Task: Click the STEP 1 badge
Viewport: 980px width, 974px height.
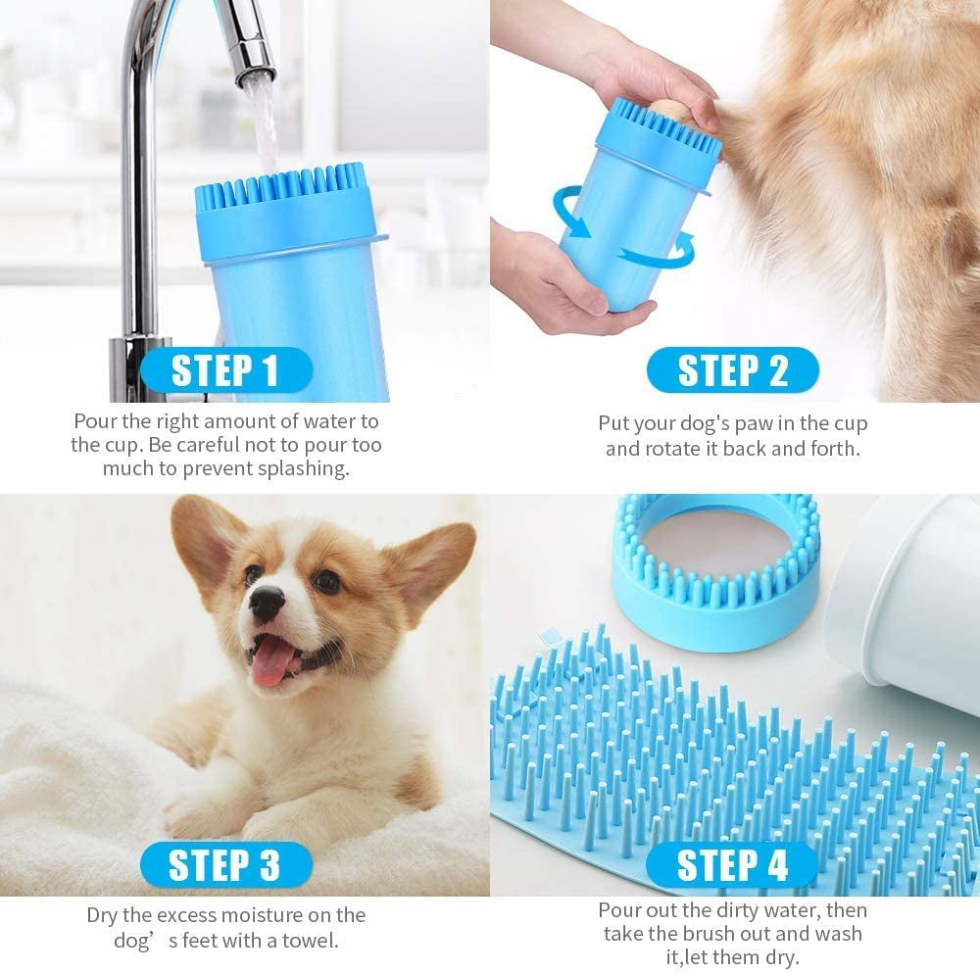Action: pyautogui.click(x=224, y=371)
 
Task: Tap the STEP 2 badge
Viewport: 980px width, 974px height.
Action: pyautogui.click(x=732, y=371)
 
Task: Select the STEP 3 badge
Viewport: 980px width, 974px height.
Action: pyautogui.click(x=224, y=865)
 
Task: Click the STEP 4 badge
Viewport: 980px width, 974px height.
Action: pyautogui.click(x=732, y=865)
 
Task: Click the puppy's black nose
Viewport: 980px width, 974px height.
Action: pyautogui.click(x=266, y=603)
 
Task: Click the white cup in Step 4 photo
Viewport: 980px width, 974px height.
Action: pyautogui.click(x=906, y=588)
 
